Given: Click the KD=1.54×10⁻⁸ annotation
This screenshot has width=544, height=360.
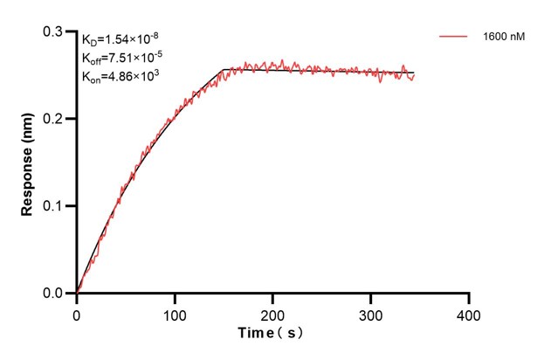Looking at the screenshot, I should click(120, 39).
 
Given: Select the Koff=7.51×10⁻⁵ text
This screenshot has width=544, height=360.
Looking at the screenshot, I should click(122, 58).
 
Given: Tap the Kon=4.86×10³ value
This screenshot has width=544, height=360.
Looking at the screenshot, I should click(119, 76).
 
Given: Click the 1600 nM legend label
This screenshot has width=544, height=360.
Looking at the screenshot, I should click(503, 38).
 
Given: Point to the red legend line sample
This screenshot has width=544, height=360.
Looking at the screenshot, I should click(455, 38).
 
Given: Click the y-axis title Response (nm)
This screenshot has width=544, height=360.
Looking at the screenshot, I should click(28, 163).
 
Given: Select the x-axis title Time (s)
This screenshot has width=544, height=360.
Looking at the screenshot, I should click(272, 333).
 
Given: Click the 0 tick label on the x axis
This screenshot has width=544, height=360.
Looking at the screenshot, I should click(77, 312).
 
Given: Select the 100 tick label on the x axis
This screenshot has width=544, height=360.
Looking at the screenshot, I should click(175, 312).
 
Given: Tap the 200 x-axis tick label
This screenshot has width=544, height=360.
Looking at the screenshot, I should click(273, 312).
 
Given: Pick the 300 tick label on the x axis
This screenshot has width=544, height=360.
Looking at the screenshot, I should click(371, 312).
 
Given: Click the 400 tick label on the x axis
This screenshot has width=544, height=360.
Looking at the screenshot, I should click(469, 312).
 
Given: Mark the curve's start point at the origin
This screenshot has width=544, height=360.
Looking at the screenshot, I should click(77, 293).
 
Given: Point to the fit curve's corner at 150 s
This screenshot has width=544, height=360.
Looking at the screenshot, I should click(224, 69).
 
